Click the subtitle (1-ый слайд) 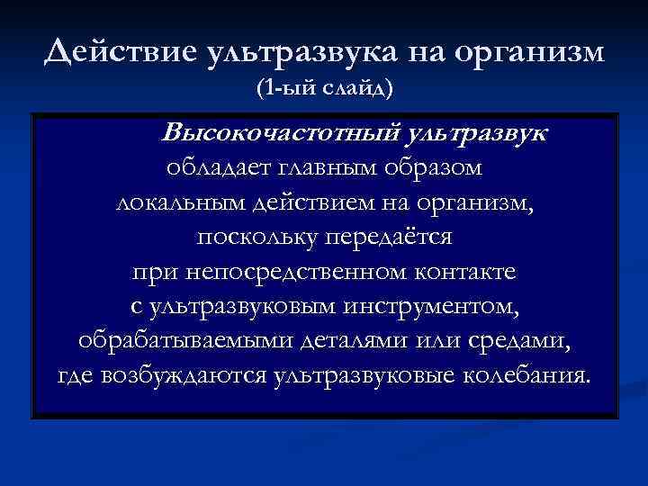(325, 91)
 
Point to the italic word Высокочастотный (281, 136)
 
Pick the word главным (326, 170)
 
